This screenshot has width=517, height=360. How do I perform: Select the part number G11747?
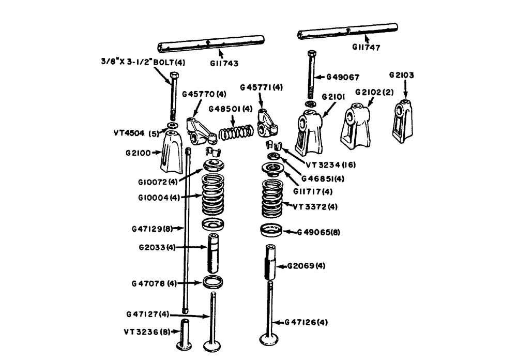[x=365, y=48]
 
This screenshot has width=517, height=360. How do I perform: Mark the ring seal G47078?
[x=213, y=282]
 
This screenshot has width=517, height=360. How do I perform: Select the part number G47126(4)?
[x=306, y=322]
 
